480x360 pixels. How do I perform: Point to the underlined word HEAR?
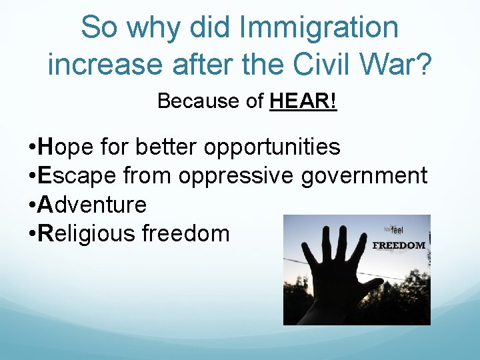[x=303, y=101]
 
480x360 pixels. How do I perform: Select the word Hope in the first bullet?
[x=63, y=147]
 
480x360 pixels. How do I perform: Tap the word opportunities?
[x=272, y=147]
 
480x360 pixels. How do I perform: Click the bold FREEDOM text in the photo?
[x=399, y=245]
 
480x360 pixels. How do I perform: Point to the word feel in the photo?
[x=397, y=231]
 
